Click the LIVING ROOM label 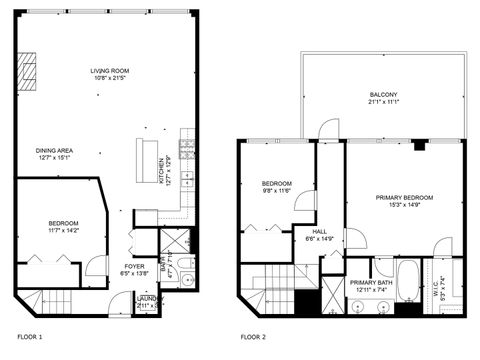tap(110, 70)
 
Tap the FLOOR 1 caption tap(30, 336)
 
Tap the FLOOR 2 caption tap(254, 336)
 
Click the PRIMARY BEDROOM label tap(405, 196)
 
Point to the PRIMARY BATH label tap(369, 283)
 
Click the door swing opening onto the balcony tap(327, 128)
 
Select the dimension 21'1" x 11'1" tap(383, 101)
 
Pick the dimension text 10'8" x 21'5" tap(110, 78)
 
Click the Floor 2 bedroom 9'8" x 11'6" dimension tap(277, 190)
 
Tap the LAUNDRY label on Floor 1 tap(147, 298)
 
